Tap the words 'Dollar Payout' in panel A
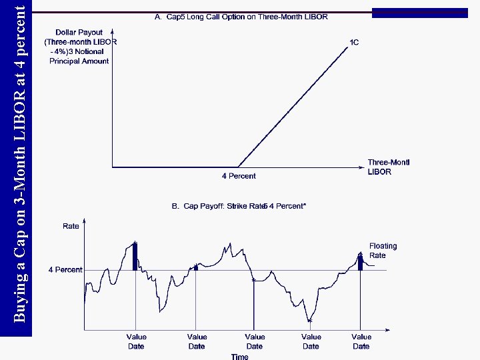pyautogui.click(x=79, y=32)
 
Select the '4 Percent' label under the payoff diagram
pyautogui.click(x=238, y=176)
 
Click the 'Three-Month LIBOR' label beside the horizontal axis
pyautogui.click(x=388, y=167)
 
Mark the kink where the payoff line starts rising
pyautogui.click(x=237, y=167)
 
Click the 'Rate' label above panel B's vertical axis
pyautogui.click(x=71, y=227)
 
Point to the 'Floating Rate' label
pyautogui.click(x=383, y=251)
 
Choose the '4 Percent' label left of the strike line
pyautogui.click(x=65, y=270)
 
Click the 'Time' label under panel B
pyautogui.click(x=239, y=357)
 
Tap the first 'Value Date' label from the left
pyautogui.click(x=136, y=341)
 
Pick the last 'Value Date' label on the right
pyautogui.click(x=361, y=341)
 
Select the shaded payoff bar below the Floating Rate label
pyautogui.click(x=361, y=263)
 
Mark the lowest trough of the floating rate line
pyautogui.click(x=310, y=320)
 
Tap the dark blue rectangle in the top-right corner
pyautogui.click(x=419, y=13)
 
